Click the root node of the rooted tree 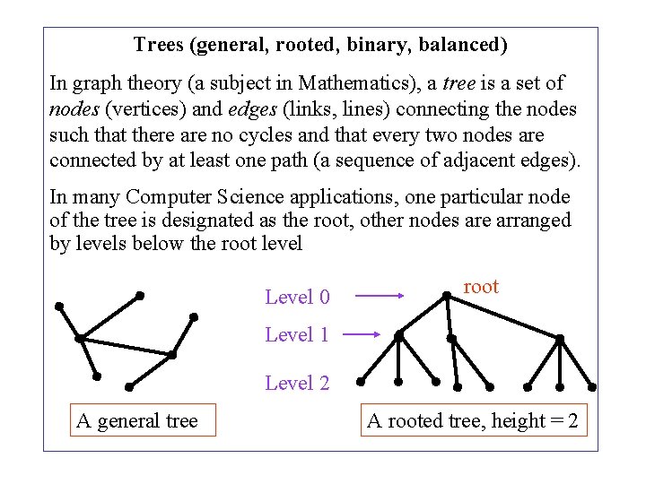[x=447, y=295]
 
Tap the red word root [x=480, y=287]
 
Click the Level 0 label [x=297, y=297]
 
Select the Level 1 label [x=297, y=335]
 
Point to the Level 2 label [x=297, y=384]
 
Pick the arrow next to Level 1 [x=363, y=334]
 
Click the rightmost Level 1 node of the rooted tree [x=560, y=339]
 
